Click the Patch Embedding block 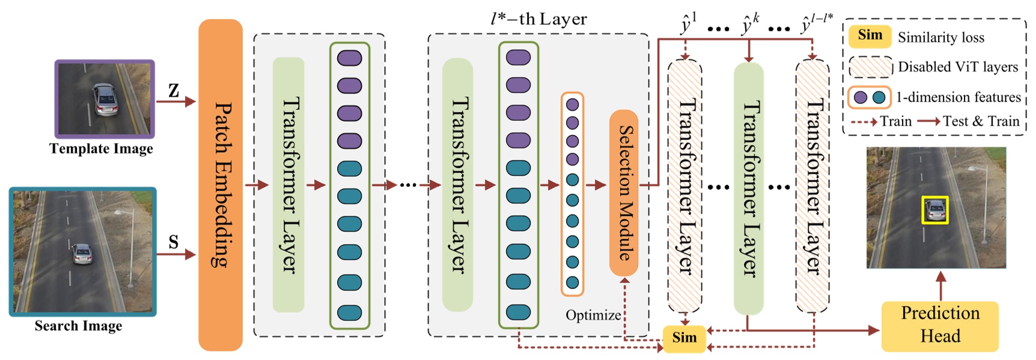pos(221,185)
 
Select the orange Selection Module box pos(624,192)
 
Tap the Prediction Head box pos(939,325)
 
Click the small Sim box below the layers pos(684,338)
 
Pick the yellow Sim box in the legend pos(870,35)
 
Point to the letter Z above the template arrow pos(174,91)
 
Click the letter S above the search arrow pos(174,242)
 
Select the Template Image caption pos(101,148)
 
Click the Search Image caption pos(78,326)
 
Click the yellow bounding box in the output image pos(935,210)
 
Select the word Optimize pos(593,315)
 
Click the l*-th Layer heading pos(538,19)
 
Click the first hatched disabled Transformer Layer pos(684,186)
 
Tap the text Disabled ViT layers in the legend pos(958,67)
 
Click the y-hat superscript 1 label pos(688,24)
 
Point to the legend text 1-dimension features pos(958,97)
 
